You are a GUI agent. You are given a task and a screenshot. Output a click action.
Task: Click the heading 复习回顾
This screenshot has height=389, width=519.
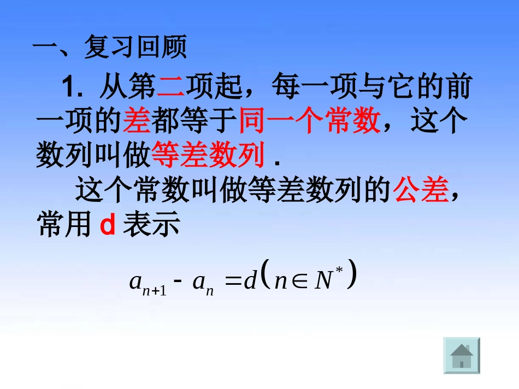coord(134,48)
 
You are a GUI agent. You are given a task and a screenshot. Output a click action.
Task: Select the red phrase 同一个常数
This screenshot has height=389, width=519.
coord(309,121)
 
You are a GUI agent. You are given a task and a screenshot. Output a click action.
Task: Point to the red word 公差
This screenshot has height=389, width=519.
coord(422,191)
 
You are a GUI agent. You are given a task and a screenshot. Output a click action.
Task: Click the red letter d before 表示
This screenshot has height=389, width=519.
coord(108,226)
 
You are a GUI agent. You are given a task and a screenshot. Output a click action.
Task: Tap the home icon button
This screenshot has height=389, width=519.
coord(462,356)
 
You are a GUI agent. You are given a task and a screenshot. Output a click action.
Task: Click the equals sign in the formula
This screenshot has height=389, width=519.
coord(233,282)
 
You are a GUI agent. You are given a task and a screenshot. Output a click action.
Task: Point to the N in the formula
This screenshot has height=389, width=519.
coord(324,281)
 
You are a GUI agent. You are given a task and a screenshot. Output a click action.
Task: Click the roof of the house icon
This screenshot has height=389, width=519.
coord(462,349)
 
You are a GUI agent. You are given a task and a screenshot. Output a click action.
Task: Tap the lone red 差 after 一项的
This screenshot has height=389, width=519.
coord(137,121)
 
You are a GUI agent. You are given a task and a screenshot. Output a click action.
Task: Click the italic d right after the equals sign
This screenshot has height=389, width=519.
coord(251,281)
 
